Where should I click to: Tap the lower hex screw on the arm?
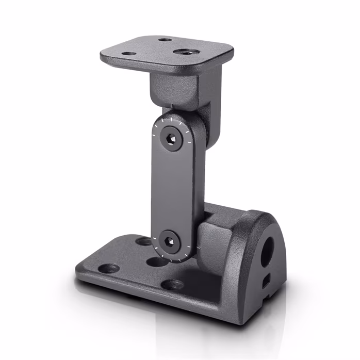tap(169, 241)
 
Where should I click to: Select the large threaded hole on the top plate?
tap(183, 52)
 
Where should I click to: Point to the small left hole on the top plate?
tap(128, 53)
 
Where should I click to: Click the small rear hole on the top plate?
tap(165, 39)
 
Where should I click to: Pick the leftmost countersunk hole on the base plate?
tap(109, 269)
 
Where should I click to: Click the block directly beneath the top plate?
tap(175, 90)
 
